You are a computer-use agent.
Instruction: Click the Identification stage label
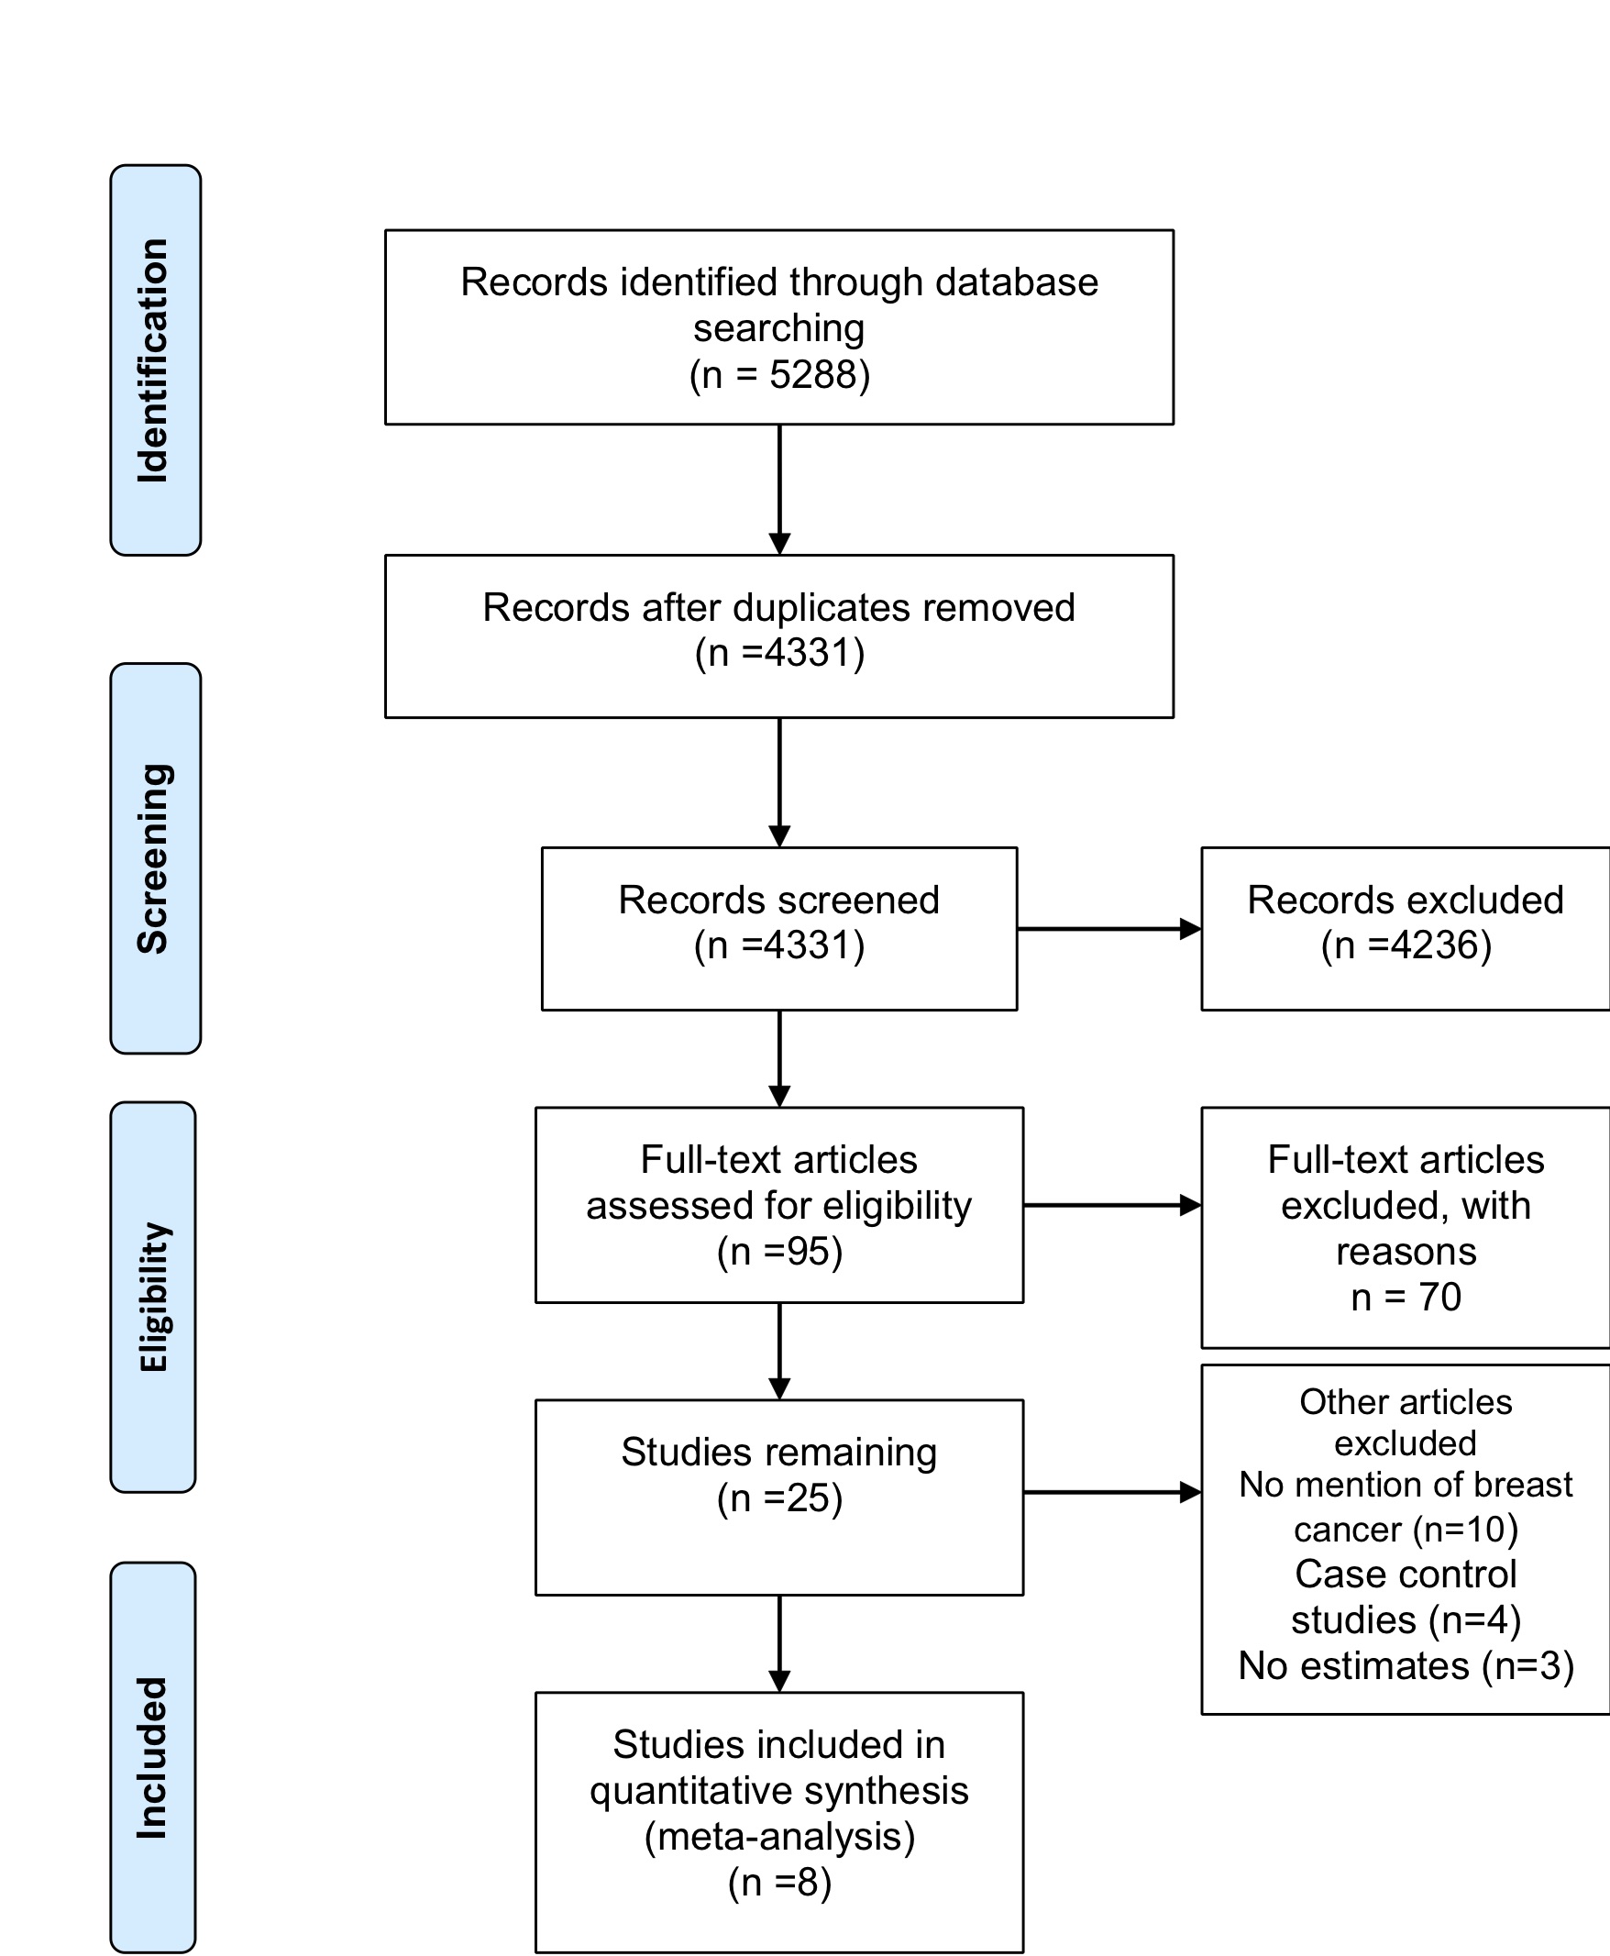click(155, 359)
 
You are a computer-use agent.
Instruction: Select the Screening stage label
click(155, 858)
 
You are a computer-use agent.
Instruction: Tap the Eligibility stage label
click(153, 1297)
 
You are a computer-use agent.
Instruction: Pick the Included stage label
click(153, 1757)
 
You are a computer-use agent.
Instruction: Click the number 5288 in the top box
click(812, 375)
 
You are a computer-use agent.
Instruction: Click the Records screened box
click(779, 928)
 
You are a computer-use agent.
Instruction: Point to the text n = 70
click(1406, 1297)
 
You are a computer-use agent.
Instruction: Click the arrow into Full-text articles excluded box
click(1112, 1205)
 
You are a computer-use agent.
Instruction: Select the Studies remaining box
click(779, 1497)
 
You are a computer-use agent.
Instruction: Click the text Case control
click(1406, 1574)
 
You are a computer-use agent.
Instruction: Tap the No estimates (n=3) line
click(1406, 1665)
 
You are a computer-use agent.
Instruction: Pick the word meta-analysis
click(779, 1837)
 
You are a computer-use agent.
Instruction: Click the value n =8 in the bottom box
click(779, 1883)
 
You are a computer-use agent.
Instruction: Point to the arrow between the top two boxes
click(780, 490)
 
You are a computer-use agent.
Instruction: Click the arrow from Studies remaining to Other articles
click(1112, 1492)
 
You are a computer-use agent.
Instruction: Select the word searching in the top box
click(779, 328)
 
